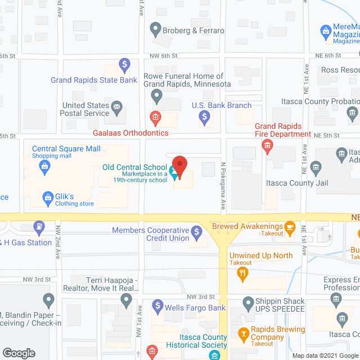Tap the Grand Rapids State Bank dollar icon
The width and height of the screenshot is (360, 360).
pos(124,64)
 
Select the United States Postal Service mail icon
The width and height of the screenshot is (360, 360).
pos(117,106)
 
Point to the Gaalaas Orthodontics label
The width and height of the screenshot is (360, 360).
pos(131,133)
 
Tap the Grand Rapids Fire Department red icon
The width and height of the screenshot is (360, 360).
pos(267,147)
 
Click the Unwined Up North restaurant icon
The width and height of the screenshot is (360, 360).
pos(243,274)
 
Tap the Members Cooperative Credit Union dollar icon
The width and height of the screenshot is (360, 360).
pos(196,231)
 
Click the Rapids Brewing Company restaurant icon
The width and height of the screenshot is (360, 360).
pos(244,333)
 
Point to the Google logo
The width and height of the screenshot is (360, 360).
pos(19,353)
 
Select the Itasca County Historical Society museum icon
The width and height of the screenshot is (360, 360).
pos(214,355)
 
